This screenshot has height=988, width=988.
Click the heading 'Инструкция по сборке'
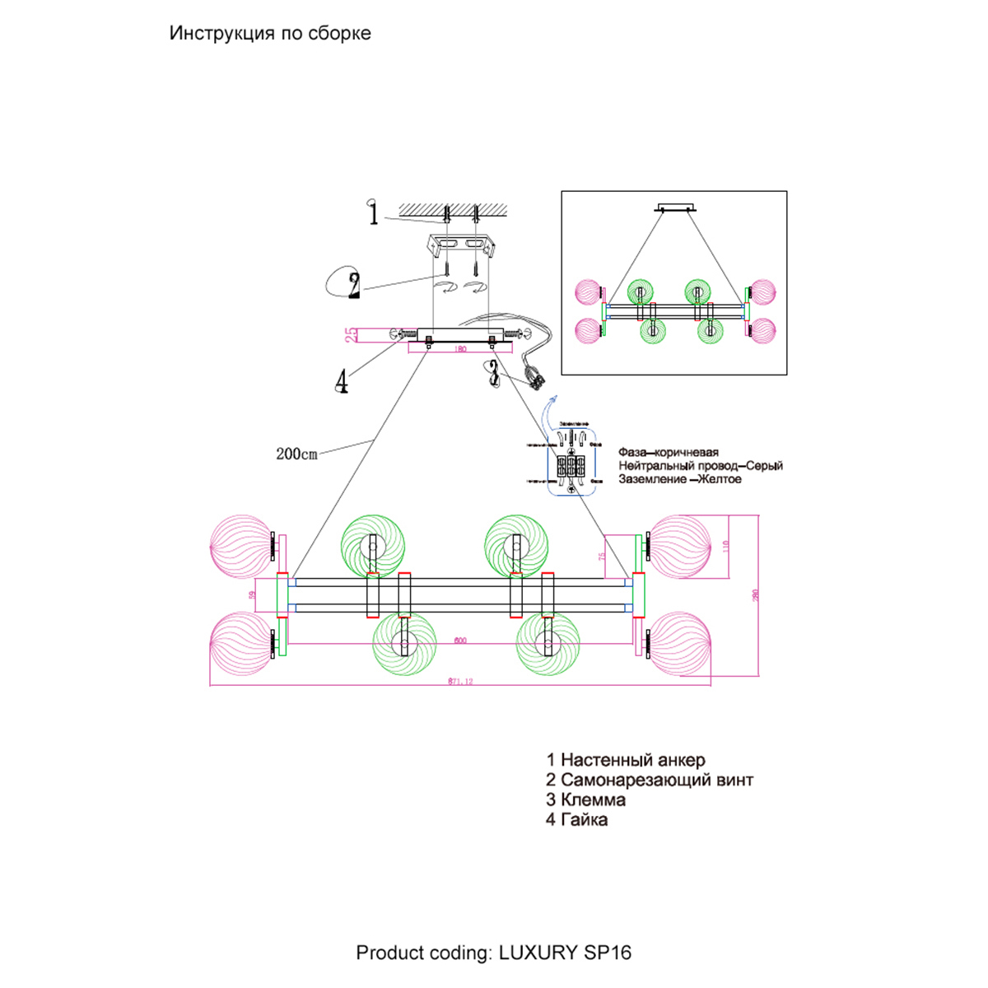point(270,34)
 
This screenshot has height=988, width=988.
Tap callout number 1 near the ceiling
point(374,213)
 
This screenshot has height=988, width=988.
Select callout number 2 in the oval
point(354,285)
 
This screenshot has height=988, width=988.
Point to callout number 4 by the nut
point(342,381)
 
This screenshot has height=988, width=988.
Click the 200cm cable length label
point(296,454)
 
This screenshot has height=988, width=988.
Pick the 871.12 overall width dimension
point(460,681)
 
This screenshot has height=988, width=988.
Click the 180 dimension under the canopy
point(459,349)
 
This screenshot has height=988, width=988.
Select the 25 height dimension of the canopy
point(352,334)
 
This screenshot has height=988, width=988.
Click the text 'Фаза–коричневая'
point(669,452)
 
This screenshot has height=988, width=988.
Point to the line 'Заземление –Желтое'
point(680,479)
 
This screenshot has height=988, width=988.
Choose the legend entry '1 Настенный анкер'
point(626,760)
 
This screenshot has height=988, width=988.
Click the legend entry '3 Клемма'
point(585,799)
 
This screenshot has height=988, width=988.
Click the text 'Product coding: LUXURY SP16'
point(494,953)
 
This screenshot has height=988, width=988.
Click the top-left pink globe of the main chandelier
point(240,545)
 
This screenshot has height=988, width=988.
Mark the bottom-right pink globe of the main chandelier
point(680,641)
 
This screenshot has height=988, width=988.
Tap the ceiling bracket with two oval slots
point(460,245)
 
